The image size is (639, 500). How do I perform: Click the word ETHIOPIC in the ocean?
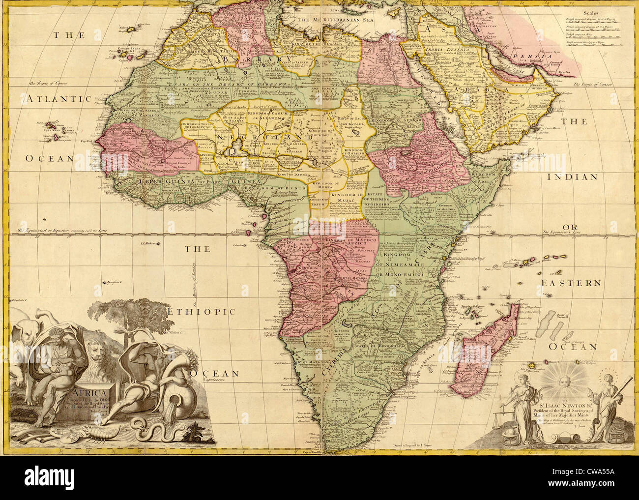click(x=201, y=311)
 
